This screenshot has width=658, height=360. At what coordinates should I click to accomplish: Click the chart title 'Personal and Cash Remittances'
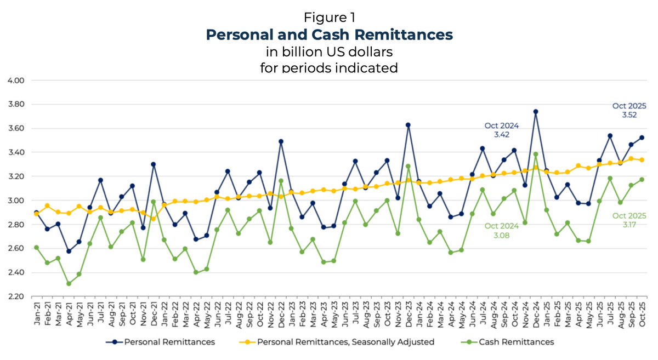pyautogui.click(x=329, y=35)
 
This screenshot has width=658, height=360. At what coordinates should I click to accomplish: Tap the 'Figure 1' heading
pyautogui.click(x=329, y=18)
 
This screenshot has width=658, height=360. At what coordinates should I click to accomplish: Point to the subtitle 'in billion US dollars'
pyautogui.click(x=329, y=52)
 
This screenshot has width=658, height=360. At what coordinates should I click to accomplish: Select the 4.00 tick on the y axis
pyautogui.click(x=16, y=80)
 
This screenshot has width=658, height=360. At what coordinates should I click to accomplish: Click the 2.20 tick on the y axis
pyautogui.click(x=16, y=296)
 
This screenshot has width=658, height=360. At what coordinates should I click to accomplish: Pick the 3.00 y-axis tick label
pyautogui.click(x=16, y=201)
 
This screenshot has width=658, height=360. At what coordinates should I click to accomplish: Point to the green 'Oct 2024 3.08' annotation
pyautogui.click(x=501, y=229)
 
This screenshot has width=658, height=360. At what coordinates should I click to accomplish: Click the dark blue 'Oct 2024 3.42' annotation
pyautogui.click(x=501, y=130)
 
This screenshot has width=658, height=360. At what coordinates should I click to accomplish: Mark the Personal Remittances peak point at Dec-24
pyautogui.click(x=535, y=111)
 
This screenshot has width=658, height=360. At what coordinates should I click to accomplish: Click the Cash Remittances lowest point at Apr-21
pyautogui.click(x=69, y=283)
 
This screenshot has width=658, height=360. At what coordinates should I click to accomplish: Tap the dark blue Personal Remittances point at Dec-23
pyautogui.click(x=408, y=125)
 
